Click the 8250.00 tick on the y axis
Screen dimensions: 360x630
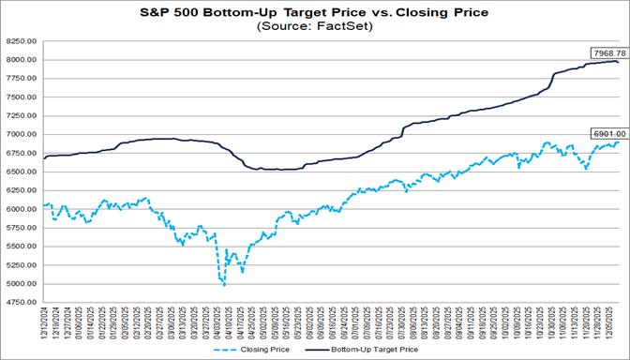tap(21, 42)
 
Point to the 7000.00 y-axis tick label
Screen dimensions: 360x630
tap(21, 134)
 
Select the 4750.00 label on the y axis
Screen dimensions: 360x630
tap(21, 302)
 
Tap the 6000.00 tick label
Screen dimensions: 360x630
tap(21, 209)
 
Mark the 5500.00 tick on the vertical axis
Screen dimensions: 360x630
tap(21, 247)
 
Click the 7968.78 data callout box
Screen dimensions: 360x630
tap(607, 52)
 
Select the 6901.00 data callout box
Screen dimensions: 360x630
tap(607, 134)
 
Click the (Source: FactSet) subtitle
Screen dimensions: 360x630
tap(314, 26)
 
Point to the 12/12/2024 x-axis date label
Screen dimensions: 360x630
tap(45, 323)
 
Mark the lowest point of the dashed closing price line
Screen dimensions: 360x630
tap(224, 284)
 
